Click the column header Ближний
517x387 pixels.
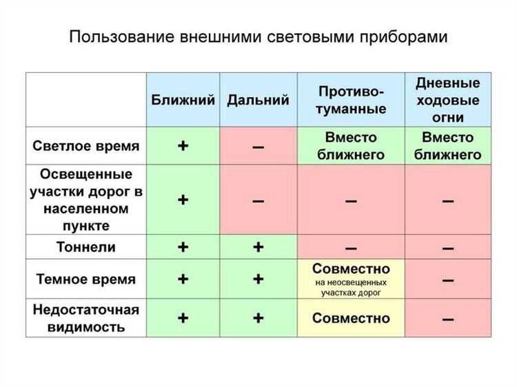pos(183,100)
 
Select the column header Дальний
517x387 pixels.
pos(258,100)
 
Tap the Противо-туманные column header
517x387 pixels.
pos(351,100)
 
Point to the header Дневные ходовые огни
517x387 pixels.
pos(448,100)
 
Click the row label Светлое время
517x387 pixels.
pos(86,146)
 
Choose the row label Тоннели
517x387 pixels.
pos(86,247)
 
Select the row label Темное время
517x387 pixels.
pos(86,280)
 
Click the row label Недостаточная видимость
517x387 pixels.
pos(86,318)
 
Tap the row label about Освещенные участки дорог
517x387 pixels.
pos(86,200)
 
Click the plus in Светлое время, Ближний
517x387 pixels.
pos(183,146)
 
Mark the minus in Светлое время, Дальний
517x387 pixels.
pos(258,147)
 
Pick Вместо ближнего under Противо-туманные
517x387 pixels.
pos(351,146)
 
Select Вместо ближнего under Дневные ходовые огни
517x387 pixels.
pos(448,146)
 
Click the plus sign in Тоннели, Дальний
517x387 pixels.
pos(258,247)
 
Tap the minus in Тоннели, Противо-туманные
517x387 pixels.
pos(351,247)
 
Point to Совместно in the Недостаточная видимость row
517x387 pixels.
pos(351,318)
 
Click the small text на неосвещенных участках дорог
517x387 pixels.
pos(351,288)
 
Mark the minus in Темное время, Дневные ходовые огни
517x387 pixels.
pos(448,280)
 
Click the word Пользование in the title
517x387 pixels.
pos(121,37)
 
